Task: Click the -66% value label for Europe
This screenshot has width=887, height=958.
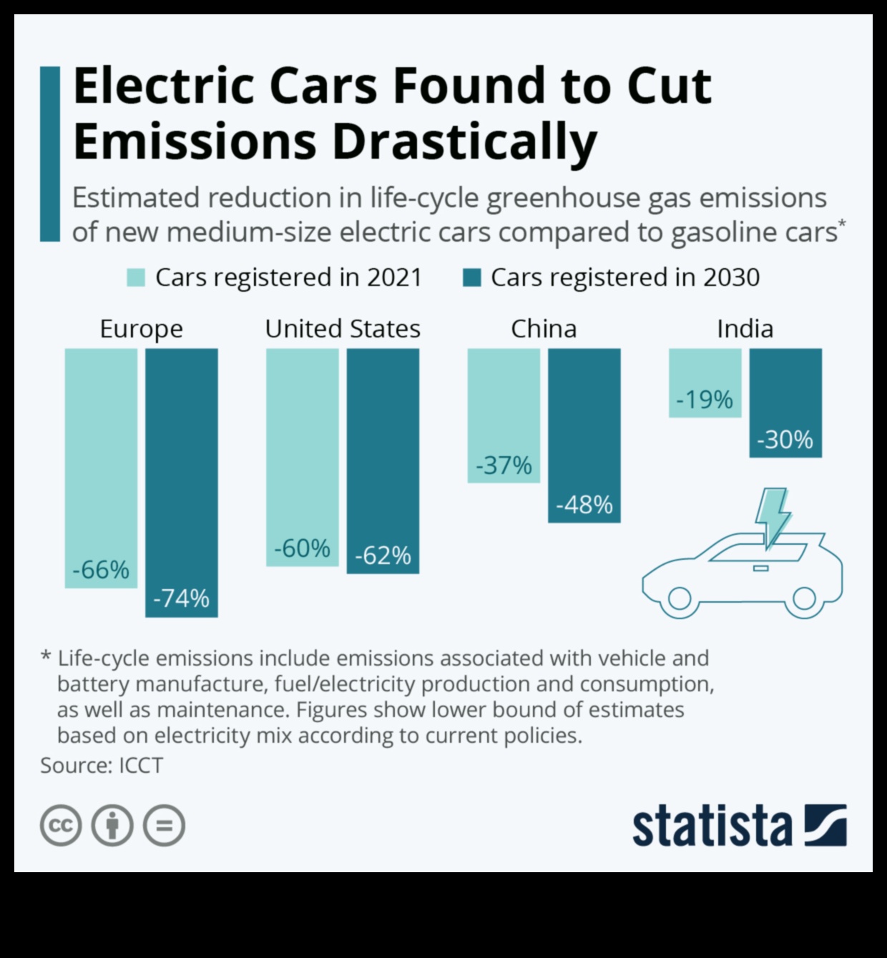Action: pos(101,570)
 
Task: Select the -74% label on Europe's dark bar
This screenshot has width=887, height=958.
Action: pos(181,598)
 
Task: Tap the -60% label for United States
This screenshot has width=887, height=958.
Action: pos(302,548)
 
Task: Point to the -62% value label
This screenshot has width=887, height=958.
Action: pos(383,555)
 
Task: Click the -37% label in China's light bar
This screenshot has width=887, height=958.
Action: pos(504,465)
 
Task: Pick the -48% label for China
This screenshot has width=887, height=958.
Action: pos(584,505)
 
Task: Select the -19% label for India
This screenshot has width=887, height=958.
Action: pos(705,399)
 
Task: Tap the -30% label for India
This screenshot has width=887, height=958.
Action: pos(785,439)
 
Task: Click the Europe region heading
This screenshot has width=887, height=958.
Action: pos(141,329)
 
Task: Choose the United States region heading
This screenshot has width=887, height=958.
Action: pos(343,329)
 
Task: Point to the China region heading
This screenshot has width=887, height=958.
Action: pos(544,329)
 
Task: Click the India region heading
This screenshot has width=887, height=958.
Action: pos(745,329)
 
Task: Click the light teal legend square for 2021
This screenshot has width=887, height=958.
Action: pos(136,277)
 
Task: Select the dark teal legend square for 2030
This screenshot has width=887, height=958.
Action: pos(472,277)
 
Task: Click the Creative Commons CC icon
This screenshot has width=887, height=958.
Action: pos(61,826)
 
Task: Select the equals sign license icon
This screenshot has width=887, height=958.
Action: pos(164,826)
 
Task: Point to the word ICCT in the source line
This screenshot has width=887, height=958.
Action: pos(141,766)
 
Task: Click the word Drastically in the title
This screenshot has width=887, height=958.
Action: pos(464,141)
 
